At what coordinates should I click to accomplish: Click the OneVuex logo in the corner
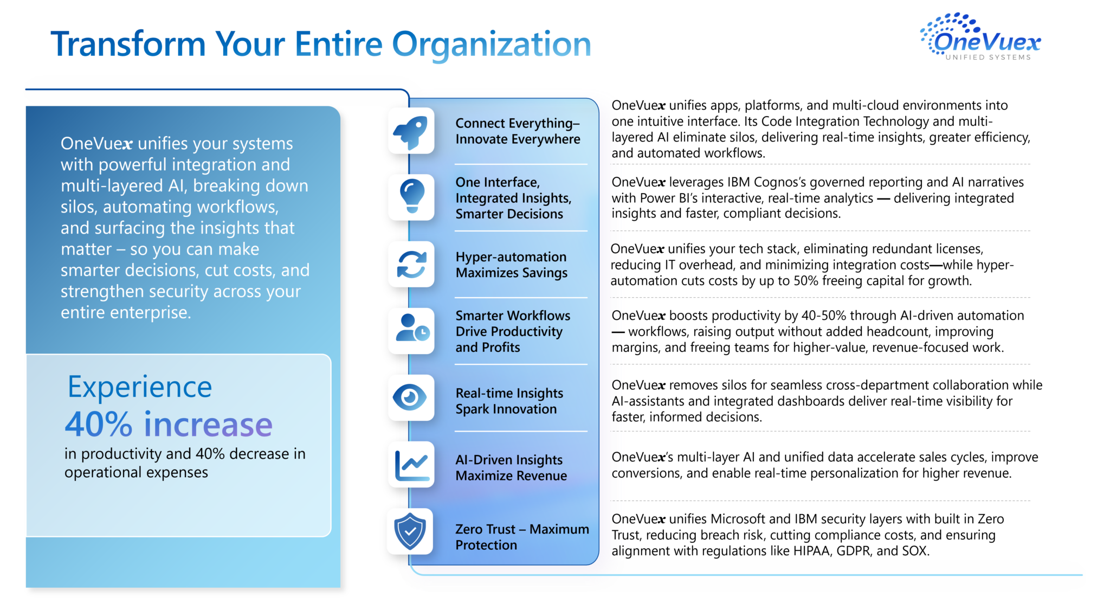(980, 36)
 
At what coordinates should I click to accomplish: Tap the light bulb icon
(412, 196)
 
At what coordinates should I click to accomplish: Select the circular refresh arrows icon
(412, 265)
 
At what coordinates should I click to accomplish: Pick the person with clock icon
(412, 328)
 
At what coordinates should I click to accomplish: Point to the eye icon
(410, 397)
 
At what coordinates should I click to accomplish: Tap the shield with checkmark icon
(410, 531)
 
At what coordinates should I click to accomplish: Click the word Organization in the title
(492, 44)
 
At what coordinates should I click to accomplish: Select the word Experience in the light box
(140, 388)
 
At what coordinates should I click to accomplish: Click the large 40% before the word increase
(99, 424)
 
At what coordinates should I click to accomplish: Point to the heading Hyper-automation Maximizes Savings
(512, 265)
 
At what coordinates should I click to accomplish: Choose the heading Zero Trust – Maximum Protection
(522, 537)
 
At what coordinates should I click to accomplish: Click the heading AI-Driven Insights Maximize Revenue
(511, 467)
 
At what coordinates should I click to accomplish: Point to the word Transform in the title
(128, 44)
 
